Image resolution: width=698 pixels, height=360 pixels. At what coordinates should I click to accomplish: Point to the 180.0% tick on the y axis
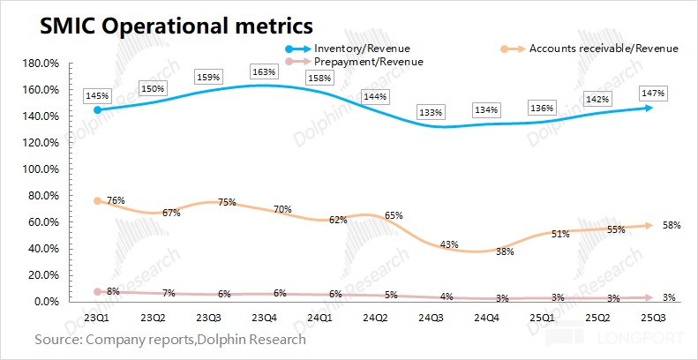[x=40, y=64]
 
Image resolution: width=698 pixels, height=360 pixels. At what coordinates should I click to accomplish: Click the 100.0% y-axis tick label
[x=40, y=169]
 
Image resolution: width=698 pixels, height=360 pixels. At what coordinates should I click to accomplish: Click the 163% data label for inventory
[x=263, y=71]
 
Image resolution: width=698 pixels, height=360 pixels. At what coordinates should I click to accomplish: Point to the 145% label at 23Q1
[x=96, y=94]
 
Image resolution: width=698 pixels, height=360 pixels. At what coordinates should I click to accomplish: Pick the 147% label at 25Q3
[x=653, y=93]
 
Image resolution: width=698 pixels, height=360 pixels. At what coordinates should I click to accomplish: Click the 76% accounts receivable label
[x=116, y=201]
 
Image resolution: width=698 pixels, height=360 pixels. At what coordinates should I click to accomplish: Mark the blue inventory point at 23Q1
[x=96, y=110]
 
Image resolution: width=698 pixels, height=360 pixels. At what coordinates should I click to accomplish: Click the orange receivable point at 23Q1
[x=96, y=201]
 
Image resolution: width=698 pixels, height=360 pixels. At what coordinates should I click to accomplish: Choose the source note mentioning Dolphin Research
[x=170, y=339]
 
